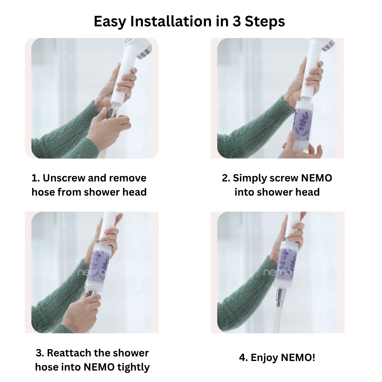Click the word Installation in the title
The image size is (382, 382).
171,21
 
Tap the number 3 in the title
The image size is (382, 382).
236,21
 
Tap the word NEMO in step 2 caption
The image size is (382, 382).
316,178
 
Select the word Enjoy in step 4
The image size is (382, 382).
264,358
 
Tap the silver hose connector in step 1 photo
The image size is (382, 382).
112,113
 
